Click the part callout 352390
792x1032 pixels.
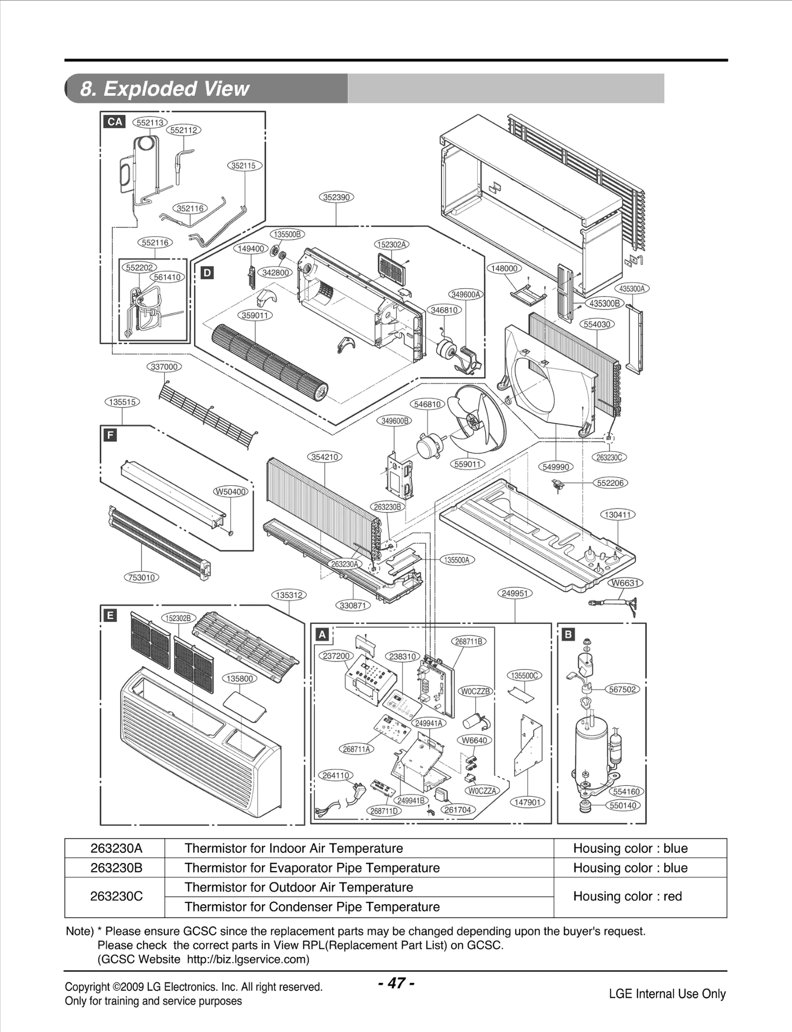(x=336, y=197)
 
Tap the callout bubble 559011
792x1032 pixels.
(x=467, y=464)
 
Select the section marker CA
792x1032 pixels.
(x=115, y=122)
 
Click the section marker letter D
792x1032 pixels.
(x=207, y=272)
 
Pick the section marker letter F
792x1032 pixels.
(x=110, y=435)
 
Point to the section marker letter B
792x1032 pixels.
(x=568, y=634)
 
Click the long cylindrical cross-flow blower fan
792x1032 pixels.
(x=270, y=362)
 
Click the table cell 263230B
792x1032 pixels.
(x=116, y=868)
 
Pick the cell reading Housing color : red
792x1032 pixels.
(x=627, y=896)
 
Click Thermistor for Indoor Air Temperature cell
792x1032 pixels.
(x=294, y=848)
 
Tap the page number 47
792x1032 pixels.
(x=396, y=983)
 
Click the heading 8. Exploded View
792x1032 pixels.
(x=164, y=89)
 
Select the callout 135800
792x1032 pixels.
(x=240, y=678)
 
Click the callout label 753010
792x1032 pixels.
(x=142, y=577)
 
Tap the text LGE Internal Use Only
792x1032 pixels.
(x=667, y=994)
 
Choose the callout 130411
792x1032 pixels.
(x=618, y=515)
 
